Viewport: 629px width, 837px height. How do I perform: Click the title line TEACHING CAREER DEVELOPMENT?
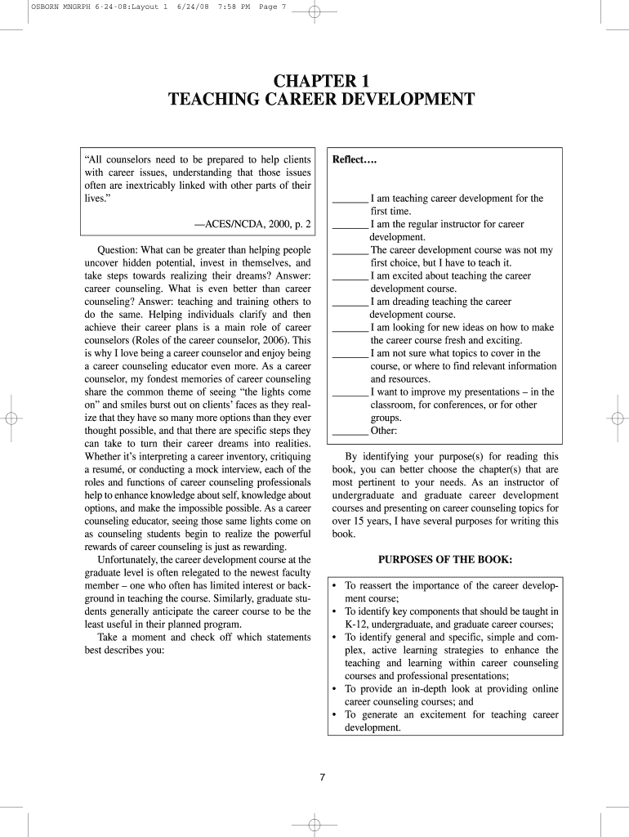(321, 100)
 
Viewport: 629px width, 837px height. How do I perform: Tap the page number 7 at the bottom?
(323, 777)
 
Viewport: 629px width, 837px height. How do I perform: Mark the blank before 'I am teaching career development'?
(350, 199)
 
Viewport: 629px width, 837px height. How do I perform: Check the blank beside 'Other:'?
(350, 432)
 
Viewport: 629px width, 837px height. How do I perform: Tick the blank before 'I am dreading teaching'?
(350, 302)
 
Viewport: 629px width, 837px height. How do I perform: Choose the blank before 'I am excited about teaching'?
(350, 276)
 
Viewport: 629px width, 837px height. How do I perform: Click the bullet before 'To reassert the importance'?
(335, 586)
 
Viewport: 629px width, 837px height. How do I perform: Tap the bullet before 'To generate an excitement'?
(335, 715)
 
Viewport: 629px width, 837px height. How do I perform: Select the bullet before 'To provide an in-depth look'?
(335, 689)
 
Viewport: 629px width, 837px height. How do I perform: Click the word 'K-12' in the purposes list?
(356, 624)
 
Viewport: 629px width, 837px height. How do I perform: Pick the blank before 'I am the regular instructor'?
(350, 225)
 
